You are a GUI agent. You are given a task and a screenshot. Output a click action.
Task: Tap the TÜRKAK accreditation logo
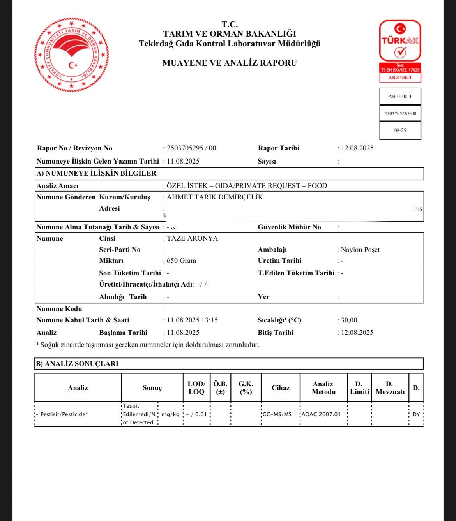click(400, 51)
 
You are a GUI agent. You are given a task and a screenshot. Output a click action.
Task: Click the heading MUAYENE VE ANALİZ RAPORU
click(230, 63)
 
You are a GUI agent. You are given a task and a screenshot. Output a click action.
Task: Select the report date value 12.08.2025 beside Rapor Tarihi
click(357, 148)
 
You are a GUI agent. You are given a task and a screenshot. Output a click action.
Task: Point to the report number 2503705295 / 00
click(191, 148)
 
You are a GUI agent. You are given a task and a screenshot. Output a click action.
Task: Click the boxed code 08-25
click(400, 130)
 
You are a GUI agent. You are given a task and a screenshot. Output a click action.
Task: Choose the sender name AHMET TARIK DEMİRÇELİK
click(215, 197)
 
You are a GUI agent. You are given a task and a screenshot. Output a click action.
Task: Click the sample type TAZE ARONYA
click(192, 238)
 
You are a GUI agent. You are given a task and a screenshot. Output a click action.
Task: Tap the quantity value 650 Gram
click(181, 260)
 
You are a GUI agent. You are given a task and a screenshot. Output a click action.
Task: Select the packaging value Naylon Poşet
click(360, 250)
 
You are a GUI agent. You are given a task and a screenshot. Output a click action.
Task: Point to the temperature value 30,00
click(349, 320)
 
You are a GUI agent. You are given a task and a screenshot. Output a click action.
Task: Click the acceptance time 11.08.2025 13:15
click(192, 320)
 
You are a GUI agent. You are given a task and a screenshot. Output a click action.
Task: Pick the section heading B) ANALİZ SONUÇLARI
click(77, 364)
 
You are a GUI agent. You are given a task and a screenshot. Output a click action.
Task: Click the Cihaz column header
click(281, 388)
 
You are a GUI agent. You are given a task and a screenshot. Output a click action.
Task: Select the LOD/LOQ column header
click(196, 388)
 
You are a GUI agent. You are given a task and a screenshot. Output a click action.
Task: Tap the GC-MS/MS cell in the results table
click(277, 414)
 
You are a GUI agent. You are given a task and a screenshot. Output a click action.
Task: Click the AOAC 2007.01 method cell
click(321, 414)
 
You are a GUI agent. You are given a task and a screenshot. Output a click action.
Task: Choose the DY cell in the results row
click(416, 414)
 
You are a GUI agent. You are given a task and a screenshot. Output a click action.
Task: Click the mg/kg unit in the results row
click(170, 414)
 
